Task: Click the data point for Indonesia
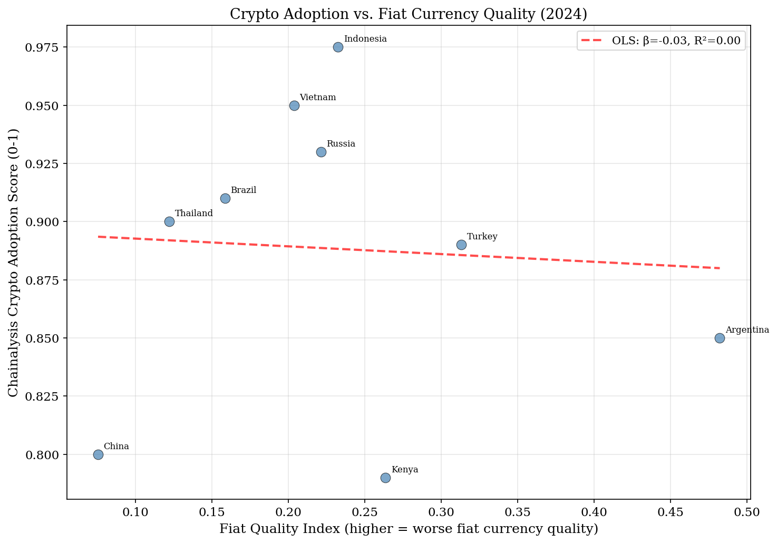click(338, 47)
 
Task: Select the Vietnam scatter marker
click(294, 105)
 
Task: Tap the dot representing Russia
click(321, 152)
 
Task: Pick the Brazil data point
click(225, 198)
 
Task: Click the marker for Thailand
click(169, 221)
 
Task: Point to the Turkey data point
click(461, 245)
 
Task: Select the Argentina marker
click(720, 338)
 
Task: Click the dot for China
click(98, 454)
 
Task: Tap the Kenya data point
click(385, 478)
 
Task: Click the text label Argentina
click(747, 330)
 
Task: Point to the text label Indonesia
click(365, 39)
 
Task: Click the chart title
click(409, 14)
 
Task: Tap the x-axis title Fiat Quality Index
click(409, 529)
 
